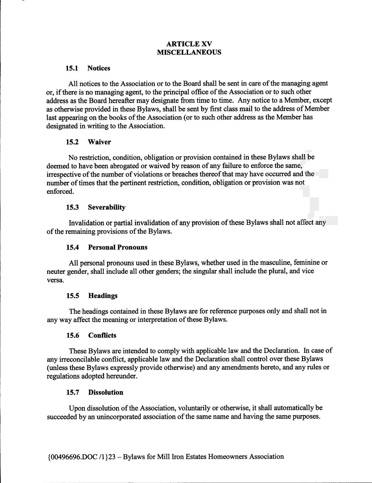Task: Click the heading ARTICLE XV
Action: pos(189,44)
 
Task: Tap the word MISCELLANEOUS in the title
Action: pos(189,52)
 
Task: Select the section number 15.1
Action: pos(72,68)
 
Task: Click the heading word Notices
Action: pos(99,68)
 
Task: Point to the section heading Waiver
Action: pos(99,142)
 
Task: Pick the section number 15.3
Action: pos(72,208)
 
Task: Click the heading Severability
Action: pos(107,208)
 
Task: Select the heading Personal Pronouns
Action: pos(118,247)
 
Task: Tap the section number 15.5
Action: pos(73,296)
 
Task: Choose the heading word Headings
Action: pos(103,296)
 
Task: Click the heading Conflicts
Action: pos(102,336)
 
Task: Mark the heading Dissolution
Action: pos(106,392)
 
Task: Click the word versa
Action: pos(55,280)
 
